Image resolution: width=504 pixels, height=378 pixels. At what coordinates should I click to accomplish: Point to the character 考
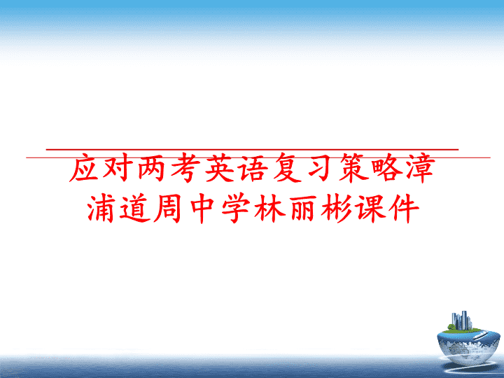(185, 168)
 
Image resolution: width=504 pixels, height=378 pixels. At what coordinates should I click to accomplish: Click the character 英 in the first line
(219, 168)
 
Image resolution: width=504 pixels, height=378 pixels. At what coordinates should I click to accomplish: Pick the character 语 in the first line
(253, 168)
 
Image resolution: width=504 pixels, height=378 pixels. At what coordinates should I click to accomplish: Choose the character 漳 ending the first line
(421, 168)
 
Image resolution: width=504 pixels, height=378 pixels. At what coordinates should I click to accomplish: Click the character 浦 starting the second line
(101, 209)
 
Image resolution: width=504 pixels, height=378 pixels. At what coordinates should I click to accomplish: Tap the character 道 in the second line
(134, 209)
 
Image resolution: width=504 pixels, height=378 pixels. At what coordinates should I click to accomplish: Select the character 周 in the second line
(168, 209)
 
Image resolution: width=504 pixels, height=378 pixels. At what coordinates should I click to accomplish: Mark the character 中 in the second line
(202, 209)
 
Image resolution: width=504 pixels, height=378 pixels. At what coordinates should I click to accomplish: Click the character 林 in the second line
(269, 209)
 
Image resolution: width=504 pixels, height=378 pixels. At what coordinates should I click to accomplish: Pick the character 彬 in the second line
(337, 209)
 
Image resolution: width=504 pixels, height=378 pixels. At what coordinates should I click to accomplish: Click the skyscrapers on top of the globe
(461, 321)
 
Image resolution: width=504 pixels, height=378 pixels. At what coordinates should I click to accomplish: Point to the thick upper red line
(252, 150)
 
